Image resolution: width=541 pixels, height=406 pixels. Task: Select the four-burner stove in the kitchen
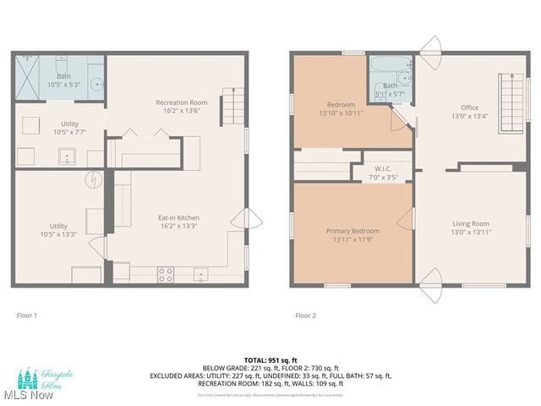pos(166,274)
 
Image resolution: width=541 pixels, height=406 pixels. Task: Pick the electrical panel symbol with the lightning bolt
pos(93,180)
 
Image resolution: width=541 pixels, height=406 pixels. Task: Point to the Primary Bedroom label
pos(352,234)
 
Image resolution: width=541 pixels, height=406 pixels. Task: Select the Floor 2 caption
pos(305,315)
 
